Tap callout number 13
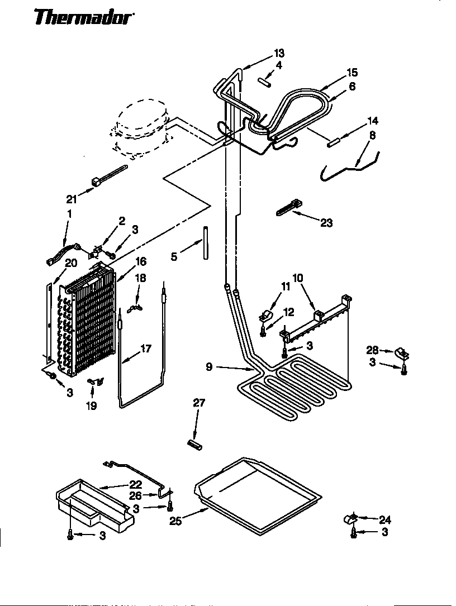(279, 53)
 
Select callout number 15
(351, 73)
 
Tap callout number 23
(326, 223)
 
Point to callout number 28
(371, 350)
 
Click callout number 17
(145, 349)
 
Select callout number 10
(298, 277)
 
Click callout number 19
(91, 406)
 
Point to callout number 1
(70, 213)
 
